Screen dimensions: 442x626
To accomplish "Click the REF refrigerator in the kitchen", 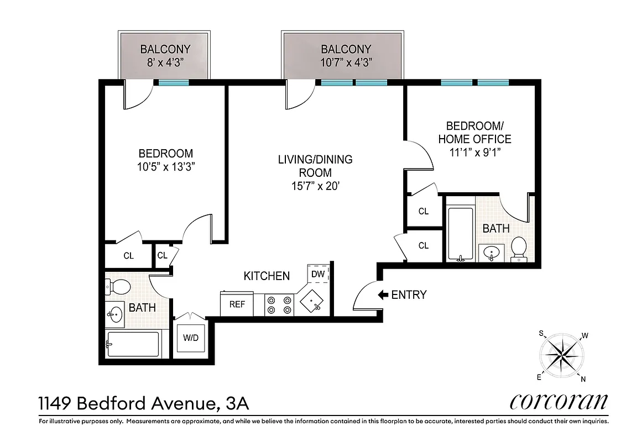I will (x=237, y=304).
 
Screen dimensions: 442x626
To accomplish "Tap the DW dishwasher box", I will (x=318, y=273).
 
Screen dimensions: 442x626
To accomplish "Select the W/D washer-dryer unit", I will (x=191, y=338).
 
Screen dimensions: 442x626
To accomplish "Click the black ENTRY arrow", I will (x=383, y=295).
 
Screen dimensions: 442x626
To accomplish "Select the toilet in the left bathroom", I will (x=118, y=287).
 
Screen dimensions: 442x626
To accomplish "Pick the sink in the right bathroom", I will (x=491, y=253).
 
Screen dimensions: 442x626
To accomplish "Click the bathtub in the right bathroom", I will (x=460, y=234).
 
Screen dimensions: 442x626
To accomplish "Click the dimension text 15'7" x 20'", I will (x=315, y=187).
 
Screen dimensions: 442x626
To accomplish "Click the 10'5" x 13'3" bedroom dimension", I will (x=166, y=166).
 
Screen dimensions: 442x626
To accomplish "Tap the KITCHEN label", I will (x=267, y=276).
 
